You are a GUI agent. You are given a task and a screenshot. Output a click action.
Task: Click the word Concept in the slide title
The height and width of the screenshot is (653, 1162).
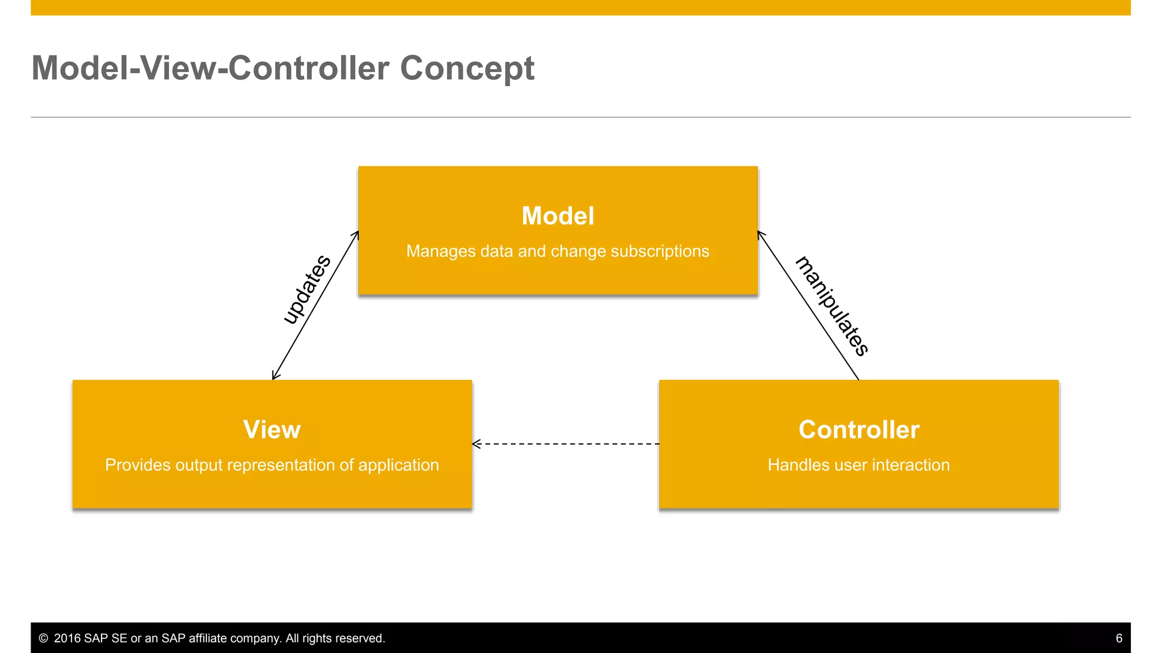[x=466, y=69]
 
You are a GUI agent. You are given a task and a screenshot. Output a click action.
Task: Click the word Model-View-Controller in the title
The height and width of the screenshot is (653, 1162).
[x=210, y=69]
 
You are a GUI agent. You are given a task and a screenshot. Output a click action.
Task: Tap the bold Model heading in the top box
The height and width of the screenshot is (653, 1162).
[x=558, y=216]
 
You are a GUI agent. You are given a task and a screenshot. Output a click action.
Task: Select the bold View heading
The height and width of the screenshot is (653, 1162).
[x=272, y=430]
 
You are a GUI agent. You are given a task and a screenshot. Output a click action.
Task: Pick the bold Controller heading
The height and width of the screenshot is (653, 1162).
[x=858, y=430]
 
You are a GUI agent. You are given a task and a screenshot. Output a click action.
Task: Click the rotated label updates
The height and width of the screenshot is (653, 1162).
[x=307, y=289]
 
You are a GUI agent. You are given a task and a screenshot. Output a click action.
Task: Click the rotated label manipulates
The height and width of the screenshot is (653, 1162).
[x=832, y=306]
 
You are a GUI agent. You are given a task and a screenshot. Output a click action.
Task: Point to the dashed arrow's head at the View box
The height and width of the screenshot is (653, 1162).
[x=475, y=444]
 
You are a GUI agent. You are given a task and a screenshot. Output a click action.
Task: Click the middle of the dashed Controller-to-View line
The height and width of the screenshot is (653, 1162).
[x=566, y=444]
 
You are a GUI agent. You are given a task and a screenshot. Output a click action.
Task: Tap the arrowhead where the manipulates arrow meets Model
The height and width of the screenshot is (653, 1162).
[x=760, y=234]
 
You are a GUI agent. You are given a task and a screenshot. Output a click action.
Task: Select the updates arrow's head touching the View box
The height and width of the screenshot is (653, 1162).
[x=274, y=376]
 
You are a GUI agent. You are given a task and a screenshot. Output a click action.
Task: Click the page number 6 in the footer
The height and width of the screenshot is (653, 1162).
[x=1119, y=638]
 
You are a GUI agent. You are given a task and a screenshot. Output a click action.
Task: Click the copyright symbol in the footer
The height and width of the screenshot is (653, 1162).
[x=43, y=638]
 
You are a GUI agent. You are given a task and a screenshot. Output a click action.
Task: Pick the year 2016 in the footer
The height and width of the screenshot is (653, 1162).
[x=67, y=638]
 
